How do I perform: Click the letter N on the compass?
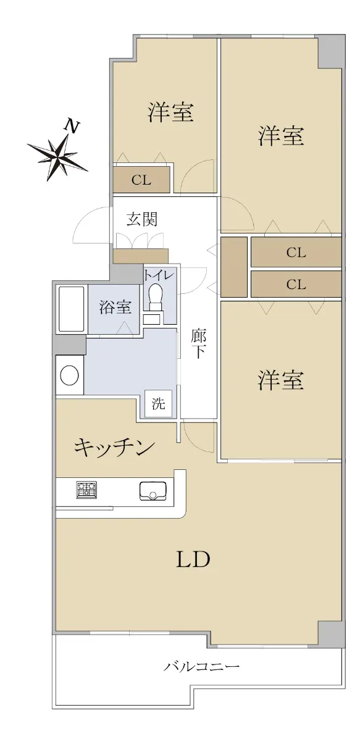point(72,125)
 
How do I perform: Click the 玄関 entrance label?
point(142,219)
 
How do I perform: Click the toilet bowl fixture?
point(155,297)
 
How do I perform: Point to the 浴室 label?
point(115,308)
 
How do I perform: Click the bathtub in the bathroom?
point(71,309)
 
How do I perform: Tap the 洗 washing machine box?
point(159,403)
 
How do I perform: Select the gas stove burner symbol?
point(86,490)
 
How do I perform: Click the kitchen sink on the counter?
point(153,492)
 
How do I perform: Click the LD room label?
point(193,559)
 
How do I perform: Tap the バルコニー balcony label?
point(201,666)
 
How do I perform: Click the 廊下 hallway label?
point(198,345)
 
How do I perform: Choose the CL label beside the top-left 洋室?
point(141,180)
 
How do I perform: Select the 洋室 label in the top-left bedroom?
point(170,112)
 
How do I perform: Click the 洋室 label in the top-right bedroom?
point(280,136)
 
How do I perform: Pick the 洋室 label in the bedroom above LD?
point(280,380)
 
